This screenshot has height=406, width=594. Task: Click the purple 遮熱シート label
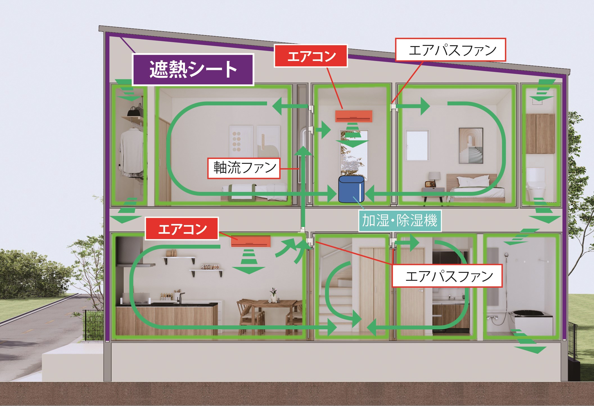tap(193, 69)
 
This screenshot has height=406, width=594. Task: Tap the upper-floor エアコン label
tap(311, 56)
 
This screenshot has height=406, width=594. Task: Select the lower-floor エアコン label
tap(182, 229)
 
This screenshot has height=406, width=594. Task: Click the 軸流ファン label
tap(244, 168)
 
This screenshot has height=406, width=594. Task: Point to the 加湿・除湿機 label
tap(399, 221)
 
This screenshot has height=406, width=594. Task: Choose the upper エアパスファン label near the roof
tap(450, 50)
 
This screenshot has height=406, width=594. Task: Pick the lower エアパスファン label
tap(447, 276)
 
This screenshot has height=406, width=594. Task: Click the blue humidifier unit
tap(351, 189)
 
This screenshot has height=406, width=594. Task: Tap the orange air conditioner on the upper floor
tap(354, 116)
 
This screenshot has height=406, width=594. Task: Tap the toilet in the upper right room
tap(536, 184)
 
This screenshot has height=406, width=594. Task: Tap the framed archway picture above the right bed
tap(471, 146)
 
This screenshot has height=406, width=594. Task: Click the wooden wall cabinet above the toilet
tap(540, 133)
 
